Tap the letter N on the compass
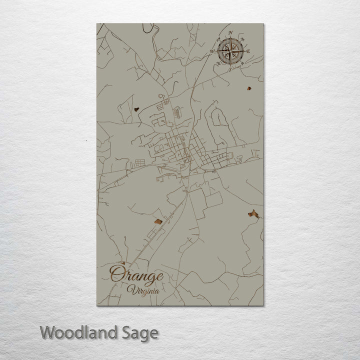pyautogui.click(x=231, y=33)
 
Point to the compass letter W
pyautogui.click(x=212, y=51)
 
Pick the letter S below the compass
pyautogui.click(x=229, y=69)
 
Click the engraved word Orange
pyautogui.click(x=136, y=275)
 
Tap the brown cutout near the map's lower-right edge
pyautogui.click(x=253, y=213)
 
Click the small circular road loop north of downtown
pyautogui.click(x=161, y=95)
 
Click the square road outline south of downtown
pyautogui.click(x=213, y=199)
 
